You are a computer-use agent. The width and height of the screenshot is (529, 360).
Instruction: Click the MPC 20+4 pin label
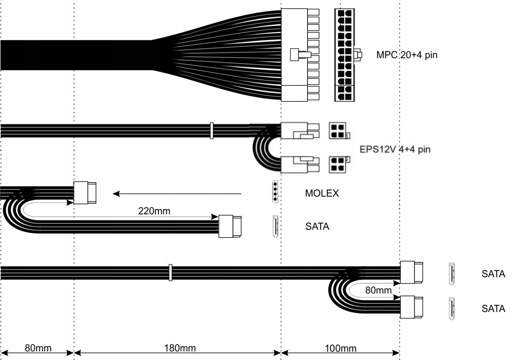pyautogui.click(x=406, y=55)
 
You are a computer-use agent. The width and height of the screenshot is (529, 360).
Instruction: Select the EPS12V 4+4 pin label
pyautogui.click(x=395, y=149)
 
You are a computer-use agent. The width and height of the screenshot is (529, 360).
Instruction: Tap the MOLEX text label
pyautogui.click(x=322, y=193)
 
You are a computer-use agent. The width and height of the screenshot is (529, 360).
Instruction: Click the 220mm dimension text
pyautogui.click(x=154, y=211)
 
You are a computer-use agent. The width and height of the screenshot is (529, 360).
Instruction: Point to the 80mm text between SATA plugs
pyautogui.click(x=378, y=290)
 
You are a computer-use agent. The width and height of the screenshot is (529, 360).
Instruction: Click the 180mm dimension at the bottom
pyautogui.click(x=180, y=348)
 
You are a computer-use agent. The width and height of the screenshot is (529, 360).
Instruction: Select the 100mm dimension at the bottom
pyautogui.click(x=341, y=348)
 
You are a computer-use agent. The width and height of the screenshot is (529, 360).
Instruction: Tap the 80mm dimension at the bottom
pyautogui.click(x=38, y=348)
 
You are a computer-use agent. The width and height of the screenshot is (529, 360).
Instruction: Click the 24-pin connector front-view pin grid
pyautogui.click(x=344, y=55)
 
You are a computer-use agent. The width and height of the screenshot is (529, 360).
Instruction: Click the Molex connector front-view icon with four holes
pyautogui.click(x=275, y=191)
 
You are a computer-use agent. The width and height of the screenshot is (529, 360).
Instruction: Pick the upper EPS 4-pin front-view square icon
pyautogui.click(x=338, y=131)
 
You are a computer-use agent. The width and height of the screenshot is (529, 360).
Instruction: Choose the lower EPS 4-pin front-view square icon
pyautogui.click(x=338, y=164)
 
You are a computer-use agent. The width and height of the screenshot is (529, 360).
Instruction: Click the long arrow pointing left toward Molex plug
pyautogui.click(x=177, y=194)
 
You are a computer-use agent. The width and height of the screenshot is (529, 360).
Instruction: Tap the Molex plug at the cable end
pyautogui.click(x=85, y=193)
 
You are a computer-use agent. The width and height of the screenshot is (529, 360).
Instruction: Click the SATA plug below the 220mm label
pyautogui.click(x=230, y=226)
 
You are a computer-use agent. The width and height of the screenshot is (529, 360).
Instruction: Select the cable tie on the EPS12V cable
pyautogui.click(x=212, y=130)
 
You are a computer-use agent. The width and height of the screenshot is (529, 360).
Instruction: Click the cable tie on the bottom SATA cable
pyautogui.click(x=170, y=272)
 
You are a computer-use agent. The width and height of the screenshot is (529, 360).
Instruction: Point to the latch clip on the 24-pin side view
pyautogui.click(x=300, y=55)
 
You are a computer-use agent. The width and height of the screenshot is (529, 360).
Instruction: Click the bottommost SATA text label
pyautogui.click(x=493, y=308)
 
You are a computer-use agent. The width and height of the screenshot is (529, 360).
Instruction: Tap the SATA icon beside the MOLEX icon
pyautogui.click(x=275, y=226)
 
